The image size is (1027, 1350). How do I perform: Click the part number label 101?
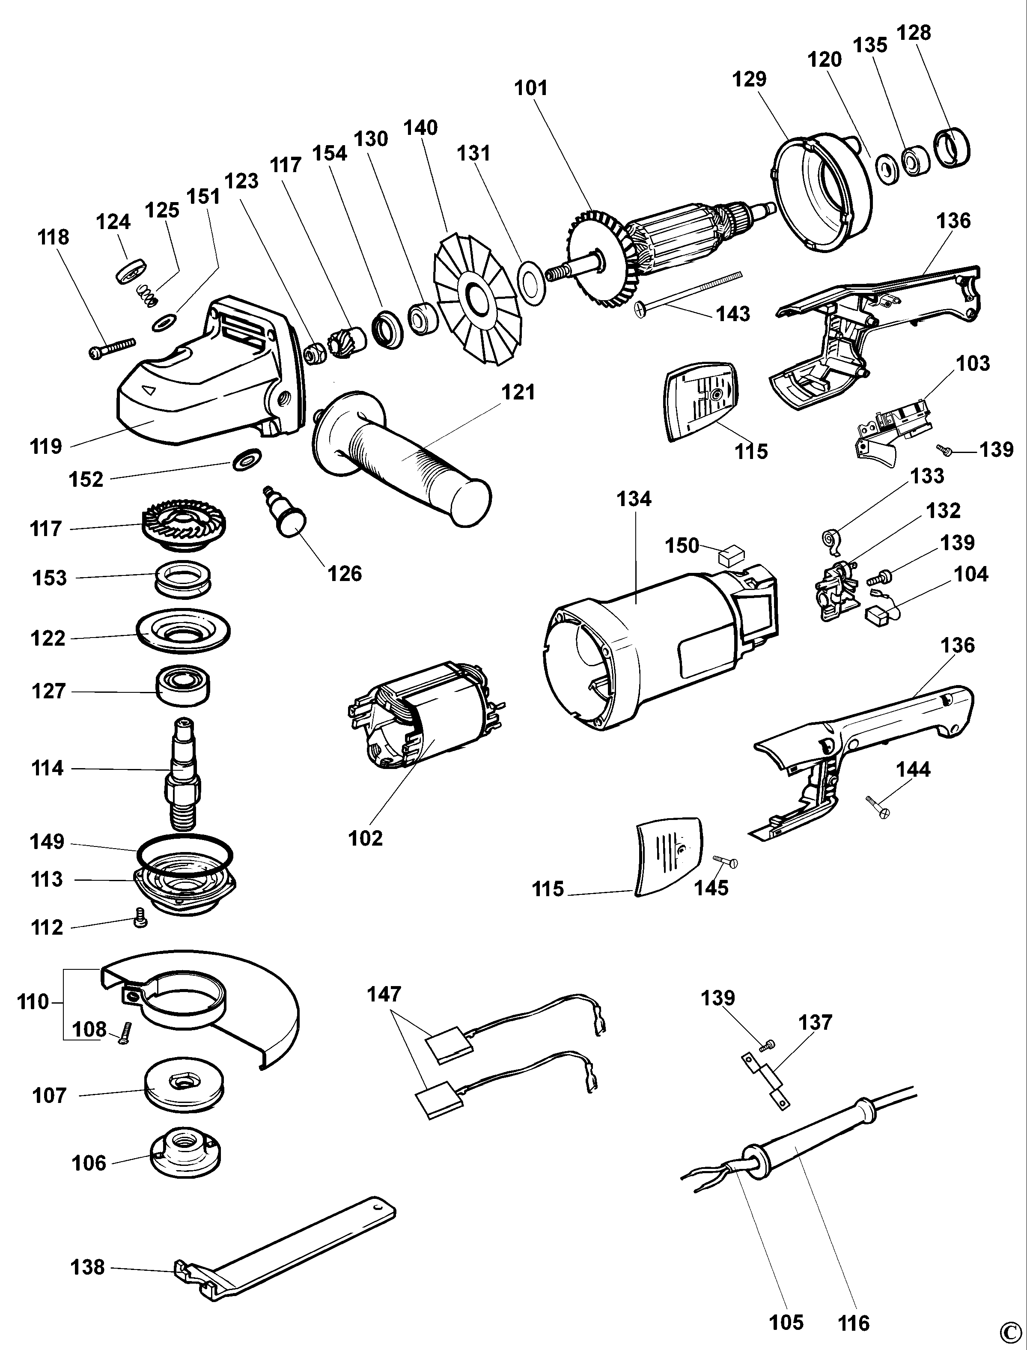tap(530, 88)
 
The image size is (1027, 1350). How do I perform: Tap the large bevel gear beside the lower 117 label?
tap(183, 525)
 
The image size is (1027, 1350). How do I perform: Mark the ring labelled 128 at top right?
tap(953, 147)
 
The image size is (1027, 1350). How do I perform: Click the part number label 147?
tap(384, 994)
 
